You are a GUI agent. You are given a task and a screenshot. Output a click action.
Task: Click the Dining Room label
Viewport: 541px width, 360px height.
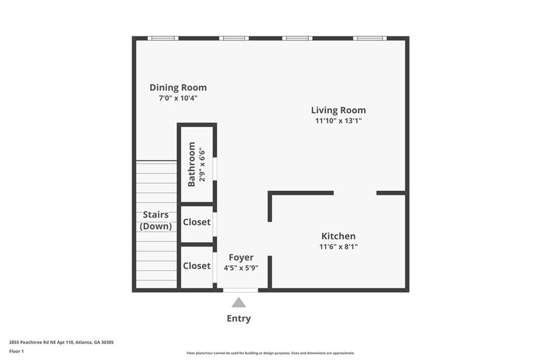(x=178, y=88)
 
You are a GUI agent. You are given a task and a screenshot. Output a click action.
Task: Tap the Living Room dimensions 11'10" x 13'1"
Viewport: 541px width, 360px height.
(x=339, y=121)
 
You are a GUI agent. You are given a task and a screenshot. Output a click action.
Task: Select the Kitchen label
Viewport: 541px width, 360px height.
(x=339, y=236)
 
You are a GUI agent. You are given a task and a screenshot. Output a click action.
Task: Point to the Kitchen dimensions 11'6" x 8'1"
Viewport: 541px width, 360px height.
(x=339, y=247)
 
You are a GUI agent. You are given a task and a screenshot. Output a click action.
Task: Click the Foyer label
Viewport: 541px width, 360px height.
(x=241, y=258)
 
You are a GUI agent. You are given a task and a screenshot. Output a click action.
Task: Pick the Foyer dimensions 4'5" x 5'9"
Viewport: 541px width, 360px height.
(x=241, y=268)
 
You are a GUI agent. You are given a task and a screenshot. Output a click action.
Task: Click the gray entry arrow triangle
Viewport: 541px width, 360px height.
(x=239, y=302)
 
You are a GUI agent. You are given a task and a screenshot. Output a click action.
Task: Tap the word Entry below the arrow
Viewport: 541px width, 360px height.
(x=239, y=318)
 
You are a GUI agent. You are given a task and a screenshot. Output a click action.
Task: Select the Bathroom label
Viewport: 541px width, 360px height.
(x=191, y=164)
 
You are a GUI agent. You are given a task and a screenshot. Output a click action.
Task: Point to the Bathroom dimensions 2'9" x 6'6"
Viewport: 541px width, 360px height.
(x=202, y=165)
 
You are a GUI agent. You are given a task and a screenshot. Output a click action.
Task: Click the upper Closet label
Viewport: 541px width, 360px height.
(x=197, y=222)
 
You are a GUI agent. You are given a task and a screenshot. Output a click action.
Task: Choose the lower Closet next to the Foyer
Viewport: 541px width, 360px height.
(x=197, y=266)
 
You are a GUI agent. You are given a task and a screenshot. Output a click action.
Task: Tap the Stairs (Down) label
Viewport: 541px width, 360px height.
(x=156, y=220)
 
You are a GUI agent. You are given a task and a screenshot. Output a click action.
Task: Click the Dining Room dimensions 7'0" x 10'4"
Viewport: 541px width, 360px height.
(x=178, y=98)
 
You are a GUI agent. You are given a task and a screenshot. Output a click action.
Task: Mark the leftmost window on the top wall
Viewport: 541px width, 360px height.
(x=163, y=39)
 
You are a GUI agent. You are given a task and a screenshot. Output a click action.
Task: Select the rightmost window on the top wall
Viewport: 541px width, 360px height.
(x=370, y=39)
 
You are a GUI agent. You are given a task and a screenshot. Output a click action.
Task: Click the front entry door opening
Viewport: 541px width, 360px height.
(x=240, y=290)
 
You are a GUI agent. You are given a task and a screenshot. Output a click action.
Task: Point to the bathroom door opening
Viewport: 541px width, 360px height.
(x=214, y=168)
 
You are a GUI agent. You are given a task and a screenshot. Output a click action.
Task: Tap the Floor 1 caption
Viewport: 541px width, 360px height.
(x=16, y=352)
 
